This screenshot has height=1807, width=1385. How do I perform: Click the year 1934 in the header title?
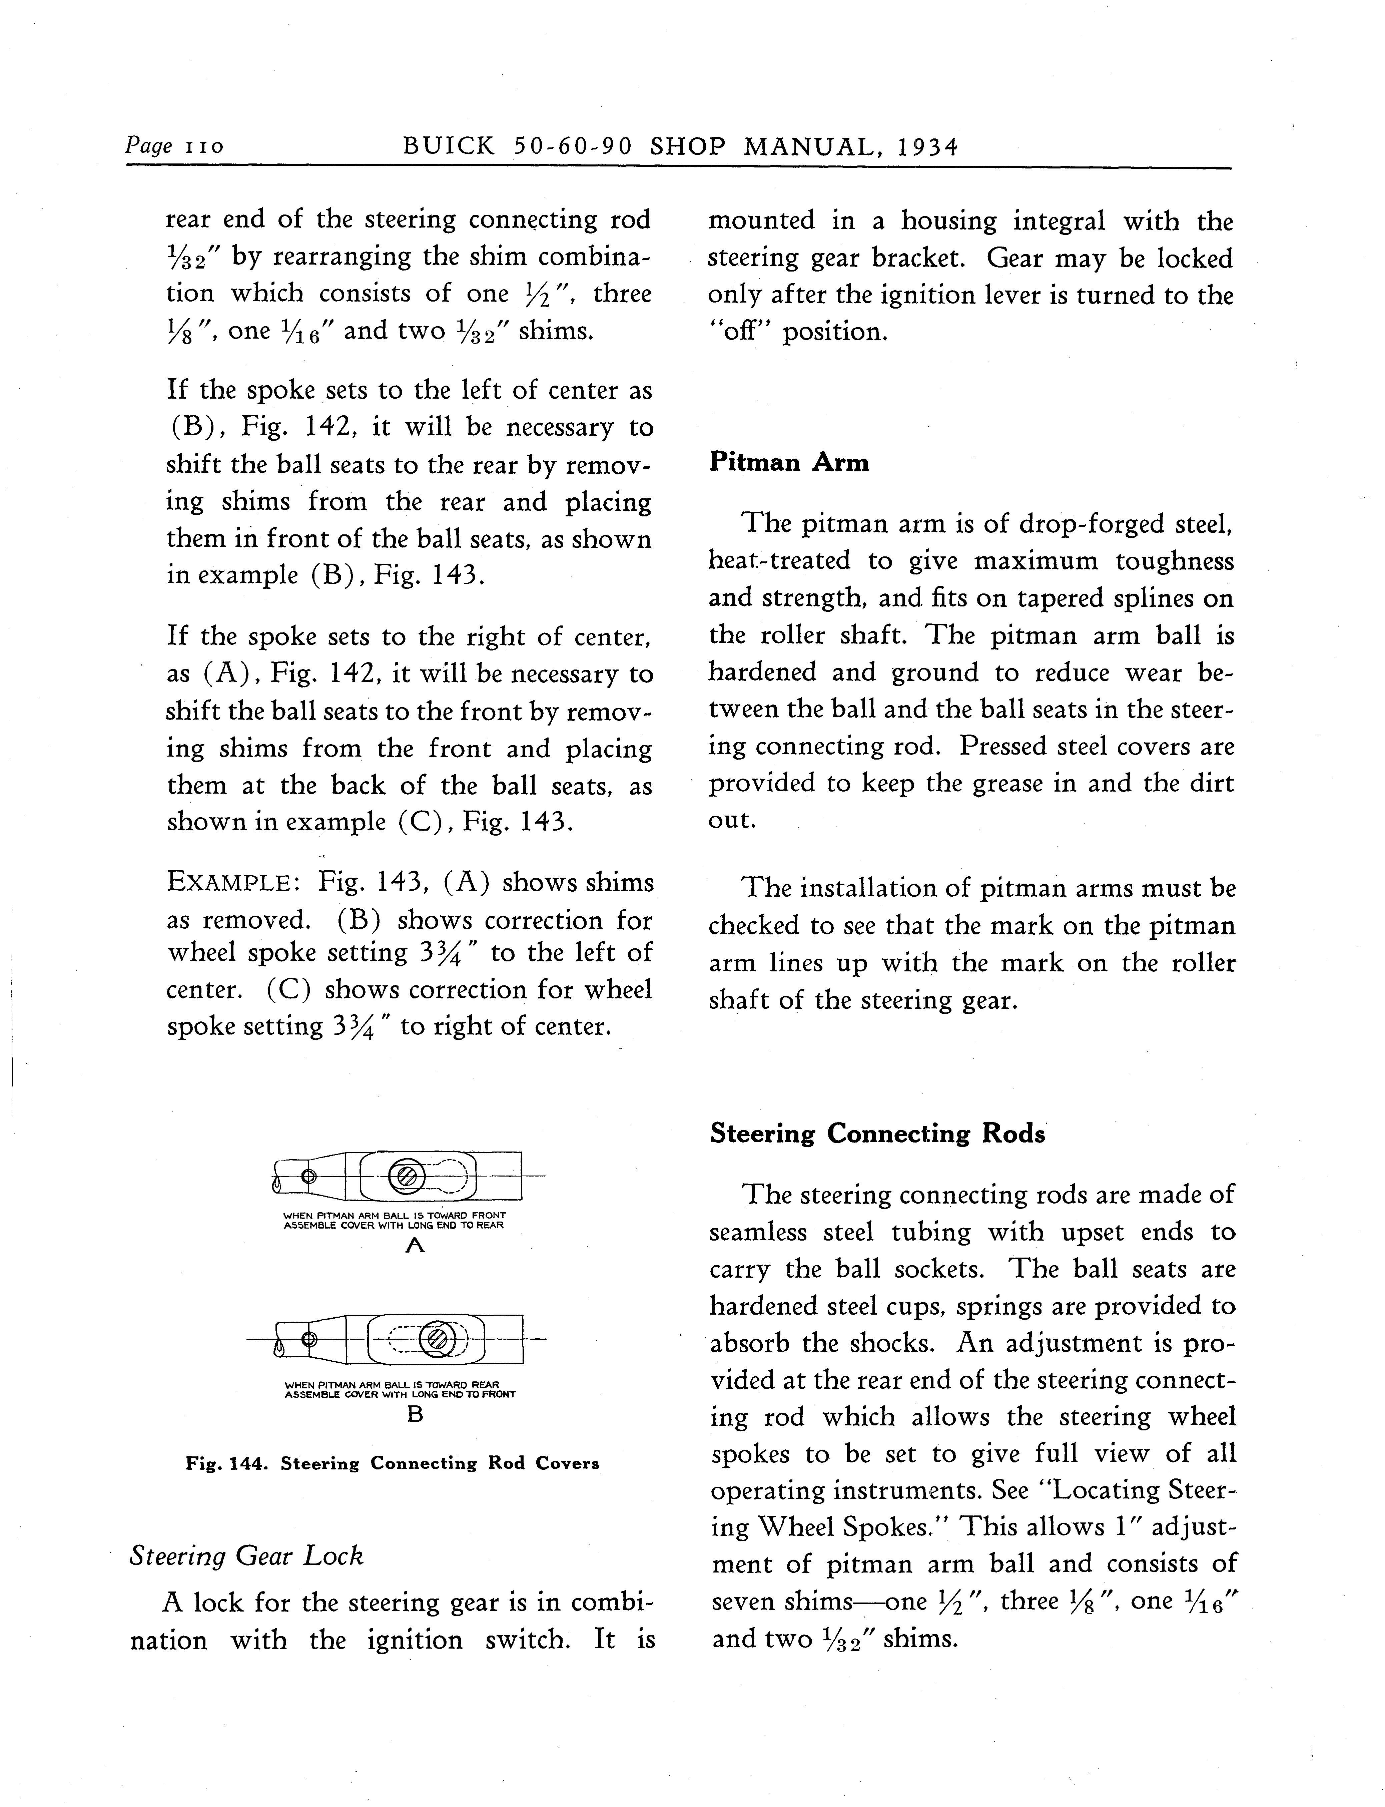(x=928, y=147)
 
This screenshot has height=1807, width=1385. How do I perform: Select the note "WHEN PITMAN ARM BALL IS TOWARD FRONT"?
(x=394, y=1215)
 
